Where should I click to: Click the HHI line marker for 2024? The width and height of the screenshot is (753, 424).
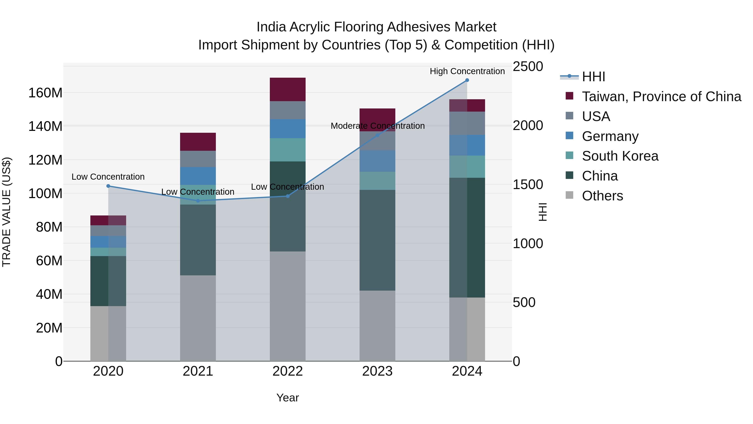coord(467,80)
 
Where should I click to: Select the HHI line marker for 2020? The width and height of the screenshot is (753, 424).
coord(108,186)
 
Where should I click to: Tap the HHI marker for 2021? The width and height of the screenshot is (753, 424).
coord(198,201)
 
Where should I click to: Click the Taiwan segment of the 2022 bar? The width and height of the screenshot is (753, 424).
coord(287,89)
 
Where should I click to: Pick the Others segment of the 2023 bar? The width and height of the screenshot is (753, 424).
coord(377,326)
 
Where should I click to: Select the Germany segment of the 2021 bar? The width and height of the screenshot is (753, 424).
coord(198,176)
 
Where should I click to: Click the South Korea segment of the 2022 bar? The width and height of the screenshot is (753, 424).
coord(287,150)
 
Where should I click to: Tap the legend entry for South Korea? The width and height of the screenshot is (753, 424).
coord(620,156)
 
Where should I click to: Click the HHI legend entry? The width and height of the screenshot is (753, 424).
coord(593,77)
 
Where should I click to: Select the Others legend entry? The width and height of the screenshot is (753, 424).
coord(602,196)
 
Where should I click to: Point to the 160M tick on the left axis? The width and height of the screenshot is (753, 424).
coord(45,93)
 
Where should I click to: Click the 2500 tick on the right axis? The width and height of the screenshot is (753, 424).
coord(528,66)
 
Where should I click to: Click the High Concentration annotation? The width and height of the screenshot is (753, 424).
coord(467,71)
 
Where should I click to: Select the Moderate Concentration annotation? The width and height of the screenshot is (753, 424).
coord(377,126)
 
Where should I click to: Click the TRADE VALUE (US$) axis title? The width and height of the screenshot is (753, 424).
coord(6,212)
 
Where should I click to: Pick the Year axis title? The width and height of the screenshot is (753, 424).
coord(287,398)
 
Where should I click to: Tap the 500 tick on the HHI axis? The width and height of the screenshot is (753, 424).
coord(524,303)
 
